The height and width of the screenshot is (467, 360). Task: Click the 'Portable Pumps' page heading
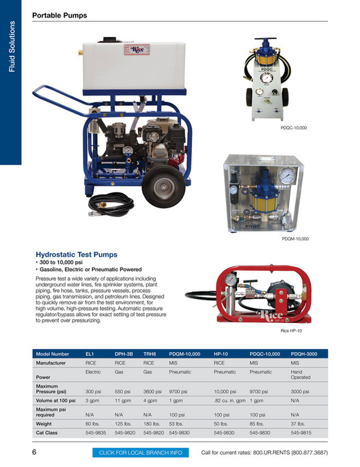pyautogui.click(x=59, y=15)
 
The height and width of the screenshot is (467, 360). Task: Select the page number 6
pyautogui.click(x=34, y=453)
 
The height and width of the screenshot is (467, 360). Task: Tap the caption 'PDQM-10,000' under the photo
pyautogui.click(x=295, y=239)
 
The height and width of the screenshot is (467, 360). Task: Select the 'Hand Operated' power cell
pyautogui.click(x=301, y=374)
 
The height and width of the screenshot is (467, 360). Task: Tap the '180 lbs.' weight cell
pyautogui.click(x=152, y=423)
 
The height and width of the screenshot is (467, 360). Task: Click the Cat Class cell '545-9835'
pyautogui.click(x=96, y=432)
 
